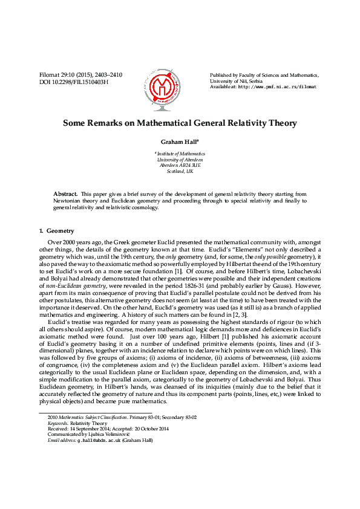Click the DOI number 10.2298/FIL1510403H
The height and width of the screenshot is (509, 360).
tap(80, 82)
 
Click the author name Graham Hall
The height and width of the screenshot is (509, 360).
tap(178, 142)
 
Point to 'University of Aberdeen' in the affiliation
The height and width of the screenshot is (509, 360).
tap(180, 160)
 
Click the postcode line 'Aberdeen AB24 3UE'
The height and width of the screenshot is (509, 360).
tap(180, 165)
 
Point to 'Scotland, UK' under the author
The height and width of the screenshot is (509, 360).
tap(180, 171)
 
